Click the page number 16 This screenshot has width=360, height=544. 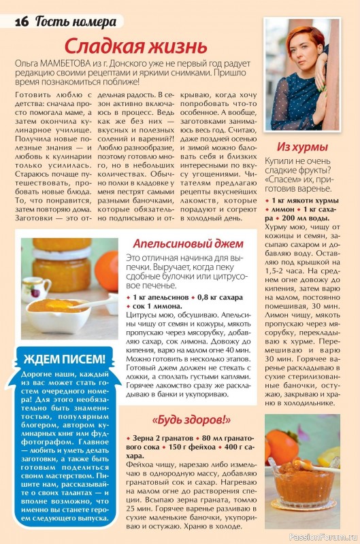(21, 21)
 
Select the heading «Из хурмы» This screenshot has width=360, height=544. (303, 147)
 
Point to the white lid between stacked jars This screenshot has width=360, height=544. (61, 254)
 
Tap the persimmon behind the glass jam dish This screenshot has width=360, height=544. (280, 442)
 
